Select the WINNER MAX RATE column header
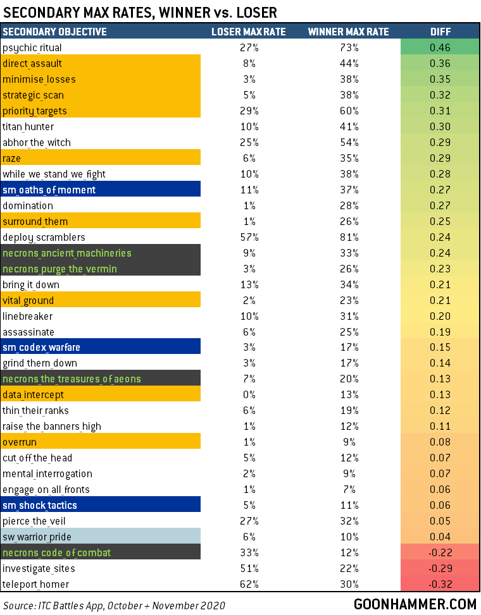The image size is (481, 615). pyautogui.click(x=348, y=32)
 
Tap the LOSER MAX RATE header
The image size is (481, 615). pyautogui.click(x=248, y=32)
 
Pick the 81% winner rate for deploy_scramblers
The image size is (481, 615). pyautogui.click(x=348, y=237)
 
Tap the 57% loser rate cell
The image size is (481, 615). pyautogui.click(x=248, y=237)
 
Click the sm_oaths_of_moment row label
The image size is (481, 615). pyautogui.click(x=49, y=190)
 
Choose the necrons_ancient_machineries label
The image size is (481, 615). pyautogui.click(x=67, y=253)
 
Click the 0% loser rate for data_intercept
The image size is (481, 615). pyautogui.click(x=248, y=395)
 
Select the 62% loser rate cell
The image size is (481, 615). pyautogui.click(x=248, y=585)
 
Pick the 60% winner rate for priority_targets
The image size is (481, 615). pyautogui.click(x=348, y=111)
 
